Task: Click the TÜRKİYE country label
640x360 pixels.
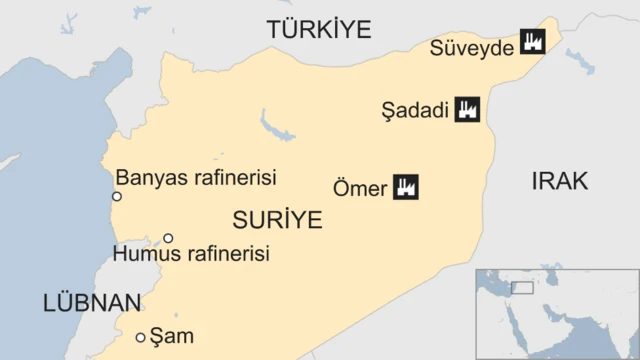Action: (319, 29)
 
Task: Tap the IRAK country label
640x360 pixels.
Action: (559, 180)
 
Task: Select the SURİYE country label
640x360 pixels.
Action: (276, 219)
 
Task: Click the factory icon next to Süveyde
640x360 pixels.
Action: (530, 43)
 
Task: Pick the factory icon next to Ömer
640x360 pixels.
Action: (405, 186)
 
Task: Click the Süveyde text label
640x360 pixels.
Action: (470, 46)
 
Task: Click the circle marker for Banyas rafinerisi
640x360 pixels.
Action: (117, 196)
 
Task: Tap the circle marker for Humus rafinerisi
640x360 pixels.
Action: (168, 238)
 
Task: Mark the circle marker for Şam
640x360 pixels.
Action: (140, 338)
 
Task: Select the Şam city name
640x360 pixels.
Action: (171, 337)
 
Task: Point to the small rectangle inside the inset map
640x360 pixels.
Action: (522, 288)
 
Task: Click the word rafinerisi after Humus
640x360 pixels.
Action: (229, 255)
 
